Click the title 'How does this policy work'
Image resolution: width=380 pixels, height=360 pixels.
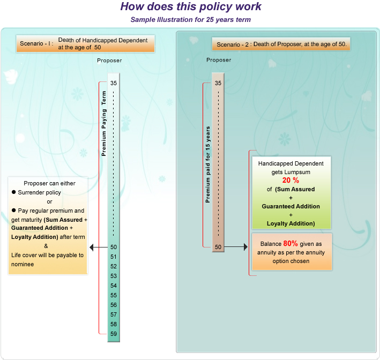[190, 7]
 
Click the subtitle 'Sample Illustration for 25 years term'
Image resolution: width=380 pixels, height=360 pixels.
[190, 20]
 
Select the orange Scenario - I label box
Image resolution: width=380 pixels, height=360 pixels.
[85, 43]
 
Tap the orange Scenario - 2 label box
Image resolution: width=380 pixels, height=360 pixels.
[281, 44]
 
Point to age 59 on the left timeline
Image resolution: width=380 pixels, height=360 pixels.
[113, 334]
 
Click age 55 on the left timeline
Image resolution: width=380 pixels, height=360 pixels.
[113, 295]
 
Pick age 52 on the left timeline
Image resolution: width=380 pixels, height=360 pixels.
[113, 266]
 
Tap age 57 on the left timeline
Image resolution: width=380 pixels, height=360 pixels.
[113, 314]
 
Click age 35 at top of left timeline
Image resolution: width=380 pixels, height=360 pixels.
[113, 83]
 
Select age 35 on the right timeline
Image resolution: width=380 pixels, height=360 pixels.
[218, 83]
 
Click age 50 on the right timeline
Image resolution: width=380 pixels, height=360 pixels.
[218, 247]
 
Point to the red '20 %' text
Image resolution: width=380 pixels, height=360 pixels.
[290, 181]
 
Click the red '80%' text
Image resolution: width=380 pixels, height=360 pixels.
[290, 243]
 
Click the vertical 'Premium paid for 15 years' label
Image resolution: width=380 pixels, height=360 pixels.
[207, 164]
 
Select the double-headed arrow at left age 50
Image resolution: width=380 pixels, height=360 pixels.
[99, 247]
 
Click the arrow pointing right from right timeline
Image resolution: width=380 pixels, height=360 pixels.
[236, 247]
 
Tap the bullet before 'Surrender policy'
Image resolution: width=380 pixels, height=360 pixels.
[14, 192]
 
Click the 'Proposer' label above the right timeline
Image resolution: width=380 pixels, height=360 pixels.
[219, 59]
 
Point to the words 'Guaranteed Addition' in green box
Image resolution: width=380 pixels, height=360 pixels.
[290, 206]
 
